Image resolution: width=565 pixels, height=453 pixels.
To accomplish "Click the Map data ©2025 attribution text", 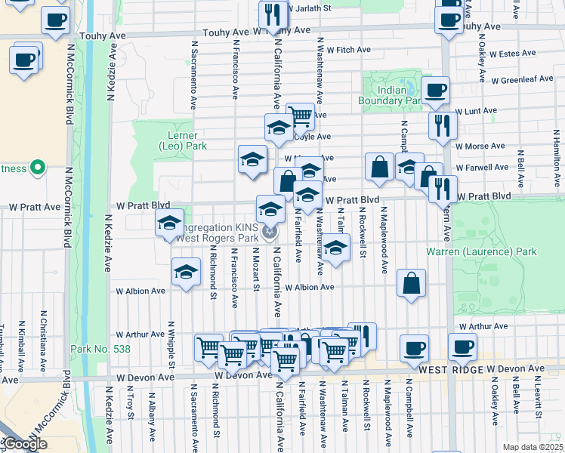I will click(533, 447).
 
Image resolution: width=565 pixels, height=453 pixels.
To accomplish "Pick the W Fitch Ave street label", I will click(347, 50).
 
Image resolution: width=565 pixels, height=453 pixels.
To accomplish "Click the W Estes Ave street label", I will click(512, 54).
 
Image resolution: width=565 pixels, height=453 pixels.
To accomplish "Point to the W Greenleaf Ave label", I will click(522, 79).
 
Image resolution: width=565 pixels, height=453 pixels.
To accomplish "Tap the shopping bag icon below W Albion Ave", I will click(410, 284).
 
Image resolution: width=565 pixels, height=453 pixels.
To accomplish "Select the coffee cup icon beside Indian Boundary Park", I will click(434, 91).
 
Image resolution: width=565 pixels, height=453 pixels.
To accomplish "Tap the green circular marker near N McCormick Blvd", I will click(36, 168).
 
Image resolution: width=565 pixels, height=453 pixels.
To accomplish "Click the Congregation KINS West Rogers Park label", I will click(219, 233).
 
